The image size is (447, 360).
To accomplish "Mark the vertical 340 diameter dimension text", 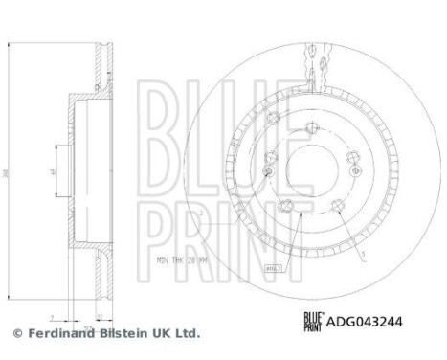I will [7, 174].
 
